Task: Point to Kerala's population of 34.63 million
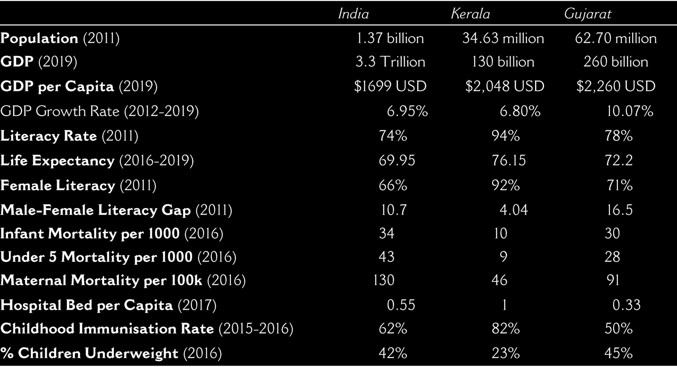pyautogui.click(x=503, y=38)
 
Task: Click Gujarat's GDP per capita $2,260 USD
pyautogui.click(x=616, y=86)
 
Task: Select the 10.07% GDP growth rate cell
pyautogui.click(x=630, y=111)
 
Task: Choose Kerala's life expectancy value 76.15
pyautogui.click(x=509, y=160)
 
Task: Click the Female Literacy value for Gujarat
pyautogui.click(x=619, y=185)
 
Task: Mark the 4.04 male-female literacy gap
pyautogui.click(x=514, y=210)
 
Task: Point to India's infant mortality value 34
pyautogui.click(x=386, y=233)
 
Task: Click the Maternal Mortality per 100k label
pyautogui.click(x=123, y=280)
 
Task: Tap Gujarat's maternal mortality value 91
pyautogui.click(x=613, y=280)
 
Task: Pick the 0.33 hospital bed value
pyautogui.click(x=627, y=305)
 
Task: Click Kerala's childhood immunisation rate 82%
pyautogui.click(x=506, y=328)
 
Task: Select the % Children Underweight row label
pyautogui.click(x=111, y=353)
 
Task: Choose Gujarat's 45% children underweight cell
pyautogui.click(x=619, y=353)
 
